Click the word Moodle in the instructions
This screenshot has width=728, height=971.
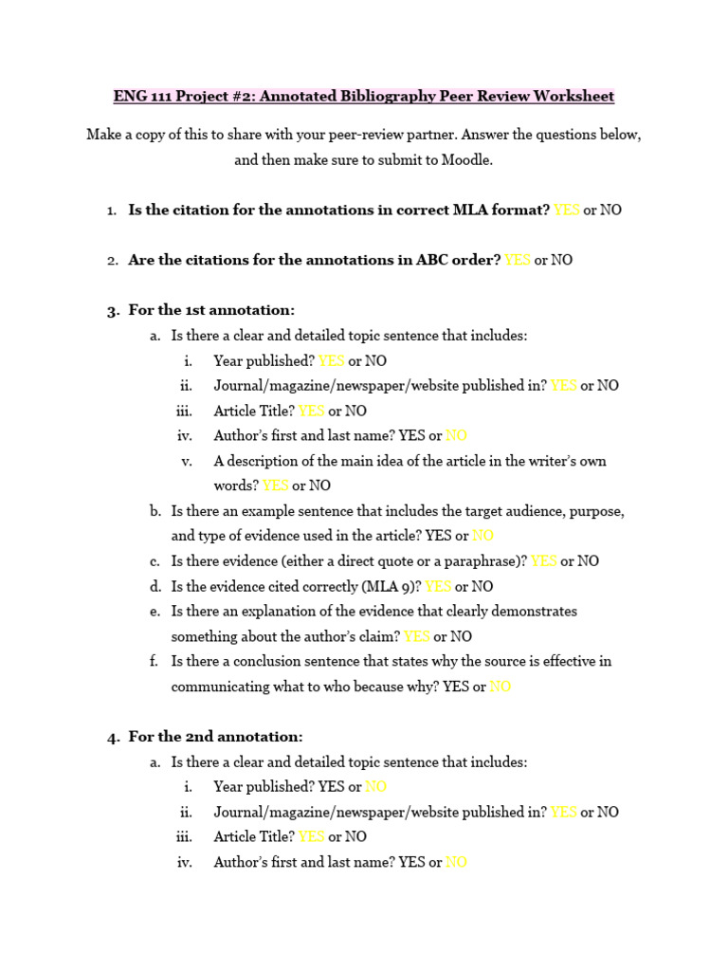[x=469, y=160]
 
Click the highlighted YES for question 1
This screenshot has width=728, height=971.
[x=566, y=211]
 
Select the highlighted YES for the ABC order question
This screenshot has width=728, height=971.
[x=518, y=260]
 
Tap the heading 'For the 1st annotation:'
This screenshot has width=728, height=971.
[x=211, y=310]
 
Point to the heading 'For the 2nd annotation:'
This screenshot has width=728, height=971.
[x=215, y=737]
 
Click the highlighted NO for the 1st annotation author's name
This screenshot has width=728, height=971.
[x=456, y=436]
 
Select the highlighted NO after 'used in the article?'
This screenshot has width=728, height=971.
[x=482, y=536]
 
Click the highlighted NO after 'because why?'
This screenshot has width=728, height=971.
[x=500, y=687]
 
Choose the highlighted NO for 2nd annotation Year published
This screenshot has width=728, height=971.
[x=375, y=787]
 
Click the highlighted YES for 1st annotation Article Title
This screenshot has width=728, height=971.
[x=311, y=412]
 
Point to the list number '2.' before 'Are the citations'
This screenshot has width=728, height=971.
[x=112, y=260]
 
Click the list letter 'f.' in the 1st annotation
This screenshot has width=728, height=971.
[x=154, y=661]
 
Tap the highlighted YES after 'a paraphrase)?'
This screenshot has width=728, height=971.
[x=543, y=561]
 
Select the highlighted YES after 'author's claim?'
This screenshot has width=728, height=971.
[x=417, y=636]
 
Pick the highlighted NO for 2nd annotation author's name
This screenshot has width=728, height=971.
[x=456, y=863]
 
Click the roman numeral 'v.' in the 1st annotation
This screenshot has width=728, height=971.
[x=187, y=461]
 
